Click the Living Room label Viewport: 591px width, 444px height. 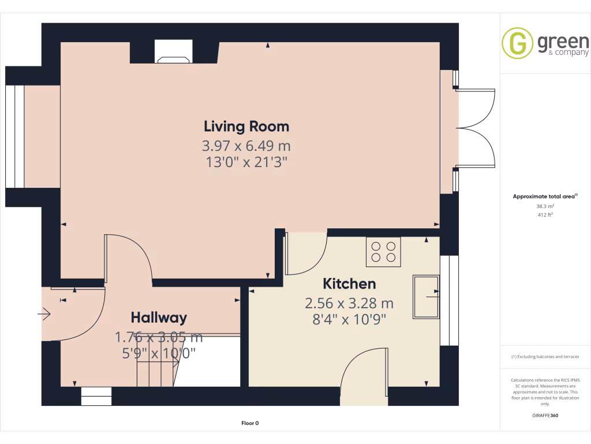coord(246,126)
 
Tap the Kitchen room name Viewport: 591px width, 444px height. coord(349,284)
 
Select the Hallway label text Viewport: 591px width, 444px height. coord(159,317)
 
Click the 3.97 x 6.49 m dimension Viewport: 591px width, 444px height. coord(246,145)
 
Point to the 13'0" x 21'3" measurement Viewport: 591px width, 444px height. coord(246,162)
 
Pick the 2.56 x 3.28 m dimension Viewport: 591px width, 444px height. coord(349,303)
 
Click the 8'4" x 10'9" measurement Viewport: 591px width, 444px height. coord(349,319)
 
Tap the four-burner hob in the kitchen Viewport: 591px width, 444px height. coord(384,252)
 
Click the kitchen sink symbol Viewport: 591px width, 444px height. coord(425,297)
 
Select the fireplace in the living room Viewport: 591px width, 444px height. coord(174,55)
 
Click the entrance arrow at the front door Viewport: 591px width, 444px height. coord(44,314)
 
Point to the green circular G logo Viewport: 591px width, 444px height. coord(517,44)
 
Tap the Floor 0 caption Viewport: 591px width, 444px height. coord(250,423)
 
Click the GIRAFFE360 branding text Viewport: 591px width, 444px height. coord(545,415)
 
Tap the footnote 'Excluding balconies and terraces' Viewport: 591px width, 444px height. coord(545,357)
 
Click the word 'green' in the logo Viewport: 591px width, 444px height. coord(563,42)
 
